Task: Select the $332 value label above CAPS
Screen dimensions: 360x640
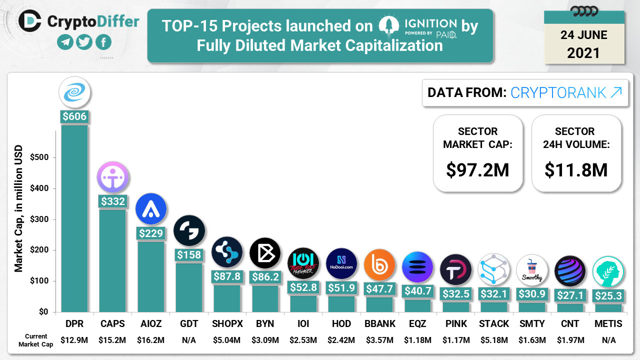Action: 112,201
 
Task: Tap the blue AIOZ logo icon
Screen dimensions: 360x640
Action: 150,208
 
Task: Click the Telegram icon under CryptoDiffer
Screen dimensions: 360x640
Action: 65,42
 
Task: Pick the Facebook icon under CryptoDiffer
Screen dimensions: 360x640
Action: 103,42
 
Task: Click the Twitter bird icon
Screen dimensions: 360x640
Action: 84,42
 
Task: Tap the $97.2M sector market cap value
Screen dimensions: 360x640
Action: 477,169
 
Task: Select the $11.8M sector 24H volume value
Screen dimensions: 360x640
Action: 576,169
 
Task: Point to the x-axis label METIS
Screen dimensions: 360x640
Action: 608,324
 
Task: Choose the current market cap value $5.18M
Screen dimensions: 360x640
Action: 494,340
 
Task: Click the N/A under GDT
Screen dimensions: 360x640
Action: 189,340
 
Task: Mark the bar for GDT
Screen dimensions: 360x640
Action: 189,287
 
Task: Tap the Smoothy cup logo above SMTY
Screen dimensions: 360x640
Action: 531,270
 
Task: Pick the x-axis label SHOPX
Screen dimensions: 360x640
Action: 227,324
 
